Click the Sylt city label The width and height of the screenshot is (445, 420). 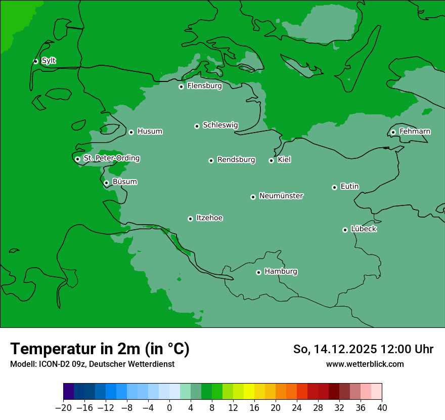[49, 61]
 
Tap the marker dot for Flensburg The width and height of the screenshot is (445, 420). [181, 87]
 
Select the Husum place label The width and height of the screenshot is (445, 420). [150, 132]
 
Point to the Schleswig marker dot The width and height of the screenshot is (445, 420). [197, 126]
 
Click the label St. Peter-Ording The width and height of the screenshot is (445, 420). [111, 158]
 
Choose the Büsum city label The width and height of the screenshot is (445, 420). [124, 182]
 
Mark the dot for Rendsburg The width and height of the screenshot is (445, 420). [211, 160]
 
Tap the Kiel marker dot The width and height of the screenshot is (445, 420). [271, 160]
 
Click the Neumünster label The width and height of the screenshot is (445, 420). [281, 196]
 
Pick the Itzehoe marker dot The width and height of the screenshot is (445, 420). [190, 219]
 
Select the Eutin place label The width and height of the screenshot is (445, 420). [349, 186]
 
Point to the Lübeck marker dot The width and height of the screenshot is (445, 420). [345, 230]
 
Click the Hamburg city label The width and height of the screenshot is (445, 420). [281, 271]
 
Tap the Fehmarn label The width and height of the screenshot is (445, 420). [415, 132]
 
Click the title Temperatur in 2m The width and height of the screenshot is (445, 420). [100, 349]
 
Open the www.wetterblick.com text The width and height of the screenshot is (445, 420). [365, 364]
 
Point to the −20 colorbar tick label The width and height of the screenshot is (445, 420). [63, 408]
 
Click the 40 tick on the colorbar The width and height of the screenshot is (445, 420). [382, 408]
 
